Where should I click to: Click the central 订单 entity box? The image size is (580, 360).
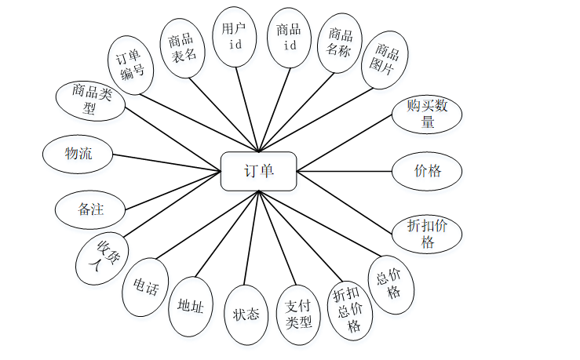(258, 171)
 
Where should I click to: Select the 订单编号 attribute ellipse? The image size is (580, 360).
(130, 65)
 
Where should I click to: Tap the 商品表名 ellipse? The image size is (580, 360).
(183, 47)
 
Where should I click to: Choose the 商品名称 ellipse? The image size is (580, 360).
(339, 43)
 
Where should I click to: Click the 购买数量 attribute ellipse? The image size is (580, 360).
(427, 113)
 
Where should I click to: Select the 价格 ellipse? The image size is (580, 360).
(427, 170)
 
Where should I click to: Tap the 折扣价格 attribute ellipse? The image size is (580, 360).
(427, 233)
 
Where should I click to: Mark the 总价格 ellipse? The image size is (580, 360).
(390, 284)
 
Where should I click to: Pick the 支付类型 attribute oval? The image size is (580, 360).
(298, 314)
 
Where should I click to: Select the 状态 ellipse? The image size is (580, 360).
(246, 315)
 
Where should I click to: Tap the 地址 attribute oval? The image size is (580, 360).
(191, 307)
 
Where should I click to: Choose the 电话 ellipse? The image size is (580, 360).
(146, 288)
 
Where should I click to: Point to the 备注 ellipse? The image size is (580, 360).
(90, 209)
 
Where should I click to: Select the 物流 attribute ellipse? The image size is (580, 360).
(78, 154)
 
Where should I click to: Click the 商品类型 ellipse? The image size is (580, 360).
(90, 100)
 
